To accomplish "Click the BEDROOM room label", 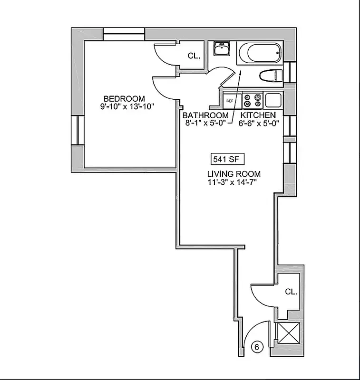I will click(x=124, y=98).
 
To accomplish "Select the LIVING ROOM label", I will click(x=234, y=174).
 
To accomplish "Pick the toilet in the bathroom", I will click(x=272, y=76).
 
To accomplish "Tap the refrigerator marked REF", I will click(x=230, y=101).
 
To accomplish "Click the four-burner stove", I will click(x=253, y=101).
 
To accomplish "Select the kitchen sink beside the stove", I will click(x=274, y=100).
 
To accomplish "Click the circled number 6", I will click(x=257, y=347).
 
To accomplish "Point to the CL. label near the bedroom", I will click(x=194, y=56).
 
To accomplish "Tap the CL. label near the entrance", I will click(x=291, y=292).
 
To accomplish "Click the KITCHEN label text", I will click(x=258, y=115).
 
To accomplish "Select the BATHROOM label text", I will click(x=205, y=115).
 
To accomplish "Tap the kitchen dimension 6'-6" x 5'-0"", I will click(x=258, y=123).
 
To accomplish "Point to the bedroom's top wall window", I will click(x=124, y=34).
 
